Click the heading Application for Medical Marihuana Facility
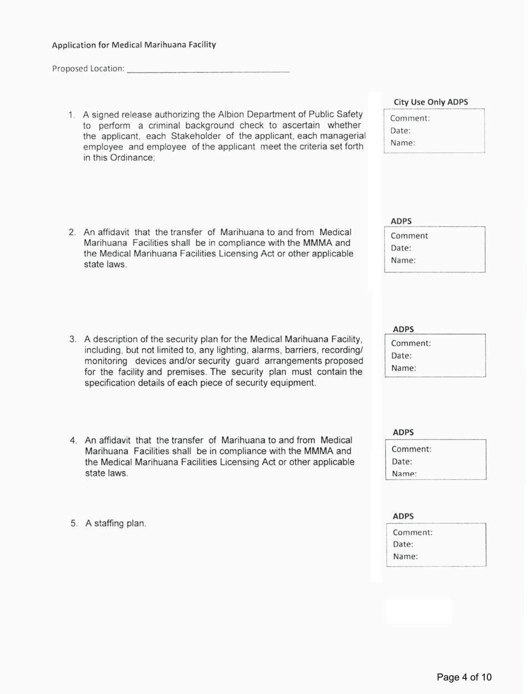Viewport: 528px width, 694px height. click(x=133, y=44)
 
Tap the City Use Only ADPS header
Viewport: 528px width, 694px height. click(x=431, y=102)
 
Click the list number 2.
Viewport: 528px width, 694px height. click(x=72, y=232)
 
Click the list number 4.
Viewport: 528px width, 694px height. click(x=73, y=440)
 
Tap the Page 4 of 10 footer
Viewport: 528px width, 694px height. click(x=464, y=677)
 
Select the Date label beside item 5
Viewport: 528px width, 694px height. click(x=402, y=544)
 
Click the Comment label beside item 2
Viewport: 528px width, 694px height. click(x=410, y=236)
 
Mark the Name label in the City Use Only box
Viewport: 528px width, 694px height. click(x=403, y=143)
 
